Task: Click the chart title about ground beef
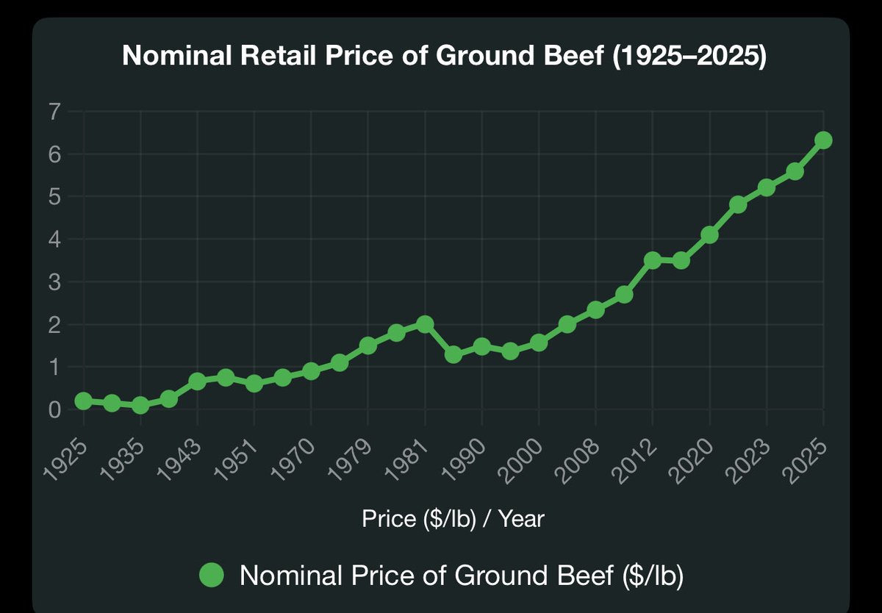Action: [444, 56]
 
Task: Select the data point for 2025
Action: [823, 140]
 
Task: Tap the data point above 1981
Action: [425, 324]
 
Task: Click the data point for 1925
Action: [84, 401]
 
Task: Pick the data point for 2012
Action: [653, 260]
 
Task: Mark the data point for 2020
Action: [709, 234]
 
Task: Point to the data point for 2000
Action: [539, 343]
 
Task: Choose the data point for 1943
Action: [197, 381]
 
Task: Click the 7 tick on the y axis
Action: [54, 112]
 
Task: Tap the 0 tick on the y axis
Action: [54, 409]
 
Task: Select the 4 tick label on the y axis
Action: [54, 240]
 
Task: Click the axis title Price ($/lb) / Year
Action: [453, 519]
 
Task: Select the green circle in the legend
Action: [212, 575]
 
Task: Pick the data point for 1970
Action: [311, 371]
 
